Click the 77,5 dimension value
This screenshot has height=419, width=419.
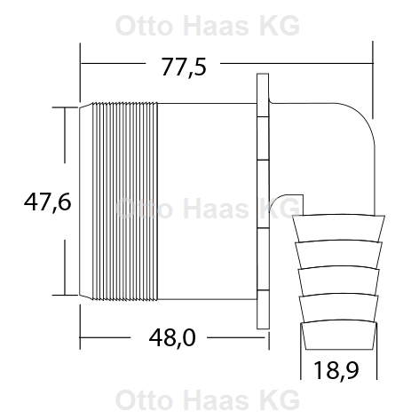tap(184, 67)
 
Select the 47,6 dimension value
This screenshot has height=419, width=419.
tap(48, 202)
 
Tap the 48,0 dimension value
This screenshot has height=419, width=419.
tap(172, 338)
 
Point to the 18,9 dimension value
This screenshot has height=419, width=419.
tap(336, 370)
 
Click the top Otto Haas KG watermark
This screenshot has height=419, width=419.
tap(208, 26)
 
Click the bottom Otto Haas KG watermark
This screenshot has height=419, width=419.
tap(208, 400)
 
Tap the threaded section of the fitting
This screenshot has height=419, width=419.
tap(124, 202)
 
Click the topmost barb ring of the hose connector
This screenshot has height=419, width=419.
tap(339, 227)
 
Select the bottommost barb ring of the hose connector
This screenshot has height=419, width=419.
tap(339, 336)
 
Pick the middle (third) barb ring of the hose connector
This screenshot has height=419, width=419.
tap(339, 281)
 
